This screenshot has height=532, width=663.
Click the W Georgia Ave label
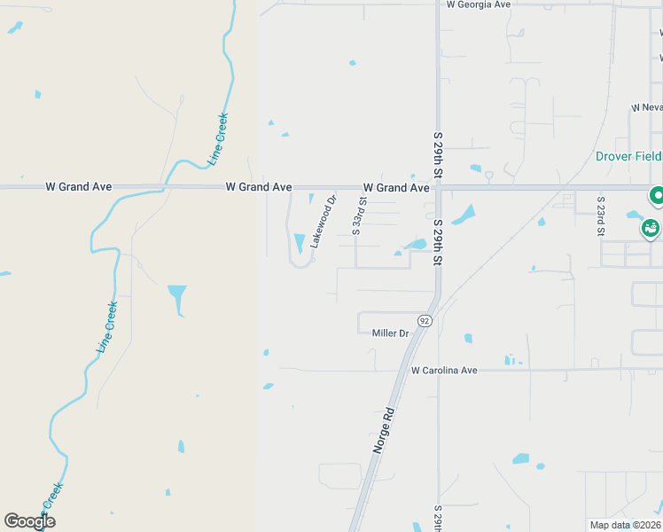[x=479, y=4]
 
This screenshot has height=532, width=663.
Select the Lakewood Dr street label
[x=324, y=221]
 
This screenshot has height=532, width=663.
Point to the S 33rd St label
[x=358, y=215]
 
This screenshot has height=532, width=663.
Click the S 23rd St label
[x=601, y=217]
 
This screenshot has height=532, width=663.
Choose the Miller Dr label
[x=390, y=333]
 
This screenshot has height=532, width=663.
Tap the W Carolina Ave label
[x=444, y=370]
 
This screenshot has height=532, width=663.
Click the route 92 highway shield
[x=425, y=320]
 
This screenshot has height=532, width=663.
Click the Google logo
[x=29, y=520]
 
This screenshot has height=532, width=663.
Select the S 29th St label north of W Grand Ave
[x=438, y=153]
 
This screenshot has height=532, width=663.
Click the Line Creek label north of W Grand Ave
[x=218, y=139]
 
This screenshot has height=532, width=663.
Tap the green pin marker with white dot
[x=658, y=195]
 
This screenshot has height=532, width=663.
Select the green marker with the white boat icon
[x=651, y=229]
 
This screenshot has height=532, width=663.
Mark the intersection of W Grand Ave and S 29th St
[x=438, y=188]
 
